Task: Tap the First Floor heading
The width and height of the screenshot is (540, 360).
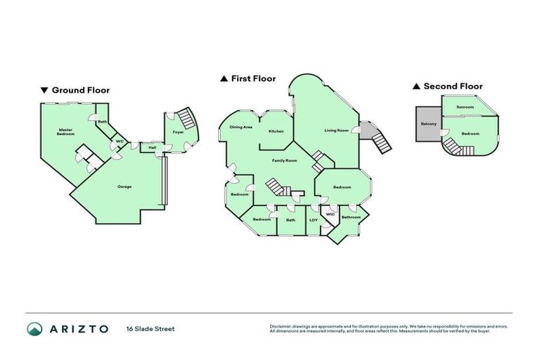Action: pos(253,79)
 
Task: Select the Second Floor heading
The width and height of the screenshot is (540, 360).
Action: pos(452,86)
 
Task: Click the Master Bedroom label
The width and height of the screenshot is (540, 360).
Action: pos(65,131)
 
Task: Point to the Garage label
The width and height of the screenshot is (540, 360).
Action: pos(124,186)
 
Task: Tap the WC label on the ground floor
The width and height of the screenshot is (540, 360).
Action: pos(120,141)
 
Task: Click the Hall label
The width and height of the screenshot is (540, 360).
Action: pos(152,147)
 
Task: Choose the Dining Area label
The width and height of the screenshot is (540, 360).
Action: pos(240,127)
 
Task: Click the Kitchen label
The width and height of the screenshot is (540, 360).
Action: pos(276,132)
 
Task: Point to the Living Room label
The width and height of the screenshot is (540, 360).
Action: pos(336,130)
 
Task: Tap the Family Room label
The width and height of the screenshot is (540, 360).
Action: pos(285,161)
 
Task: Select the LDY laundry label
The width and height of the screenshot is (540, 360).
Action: pos(313,220)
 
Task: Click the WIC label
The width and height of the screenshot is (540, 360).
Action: pos(330,214)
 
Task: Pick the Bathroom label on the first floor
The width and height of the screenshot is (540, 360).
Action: pos(350,217)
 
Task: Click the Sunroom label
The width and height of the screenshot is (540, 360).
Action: pos(465,107)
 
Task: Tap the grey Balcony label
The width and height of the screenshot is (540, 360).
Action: pos(428,124)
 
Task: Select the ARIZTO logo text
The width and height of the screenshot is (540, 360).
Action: pos(78,328)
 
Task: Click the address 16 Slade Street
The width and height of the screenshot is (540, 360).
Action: pos(150,328)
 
